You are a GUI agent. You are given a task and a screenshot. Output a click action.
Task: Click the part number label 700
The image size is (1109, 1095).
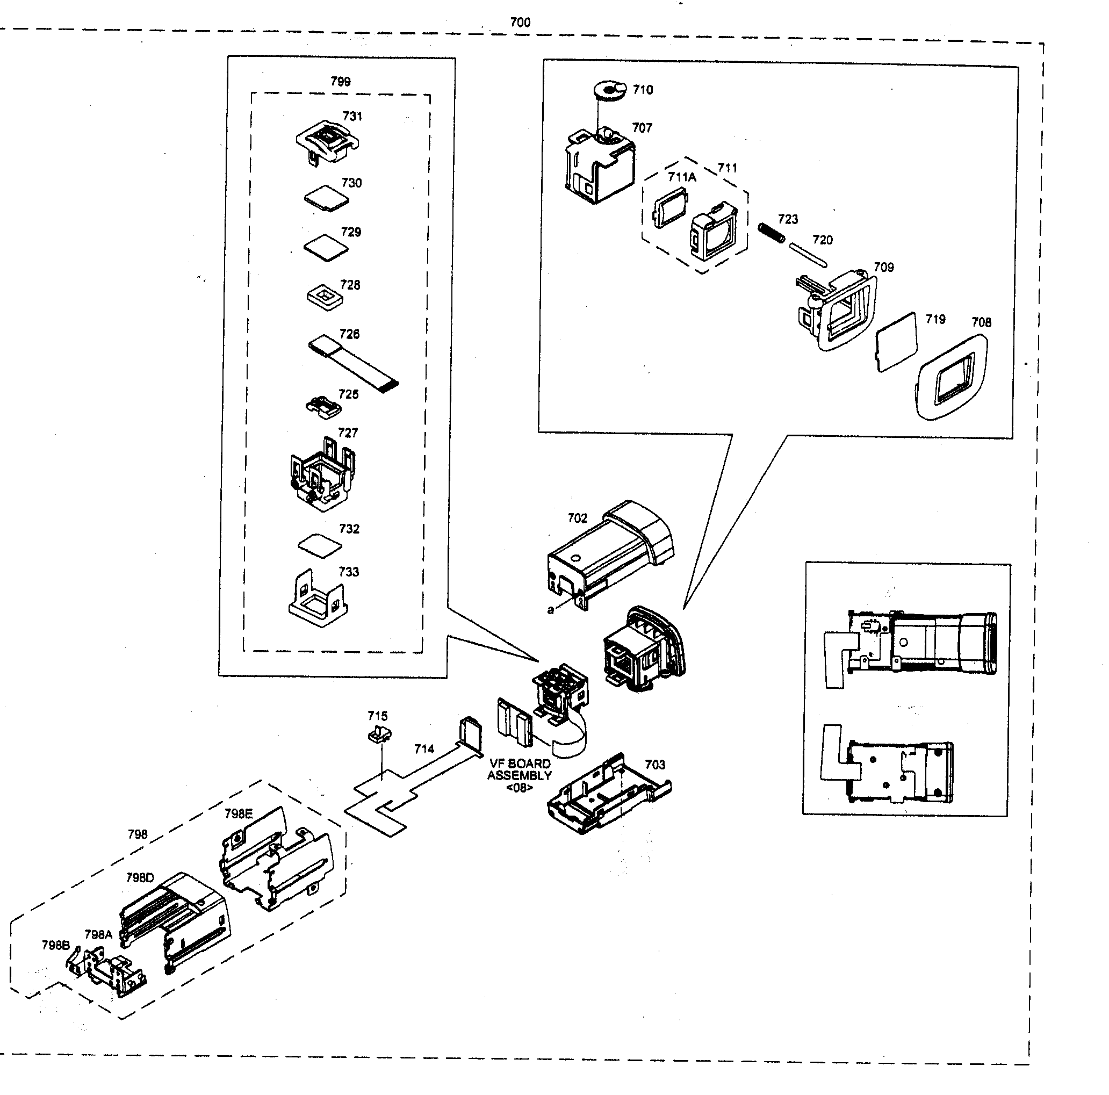(x=520, y=23)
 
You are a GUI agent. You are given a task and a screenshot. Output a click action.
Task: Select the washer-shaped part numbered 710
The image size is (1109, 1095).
(x=609, y=91)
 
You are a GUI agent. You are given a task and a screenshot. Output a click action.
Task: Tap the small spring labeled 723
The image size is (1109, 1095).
(x=772, y=233)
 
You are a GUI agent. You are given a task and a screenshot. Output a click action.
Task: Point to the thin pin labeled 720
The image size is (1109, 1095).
(x=808, y=255)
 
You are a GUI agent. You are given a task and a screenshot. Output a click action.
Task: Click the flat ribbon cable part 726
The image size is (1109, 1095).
(x=352, y=363)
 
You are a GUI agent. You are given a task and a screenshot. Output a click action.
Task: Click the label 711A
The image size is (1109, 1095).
(x=681, y=177)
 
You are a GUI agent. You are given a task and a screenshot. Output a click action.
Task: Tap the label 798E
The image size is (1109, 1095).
(x=238, y=813)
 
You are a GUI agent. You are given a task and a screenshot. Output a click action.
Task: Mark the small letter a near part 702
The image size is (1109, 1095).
(x=551, y=609)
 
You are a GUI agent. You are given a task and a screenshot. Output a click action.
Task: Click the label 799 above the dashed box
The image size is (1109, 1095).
(x=341, y=82)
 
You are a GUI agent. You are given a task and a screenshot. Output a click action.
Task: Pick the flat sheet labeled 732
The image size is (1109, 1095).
(x=320, y=545)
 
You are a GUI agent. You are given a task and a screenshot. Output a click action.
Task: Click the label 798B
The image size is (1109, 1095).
(x=56, y=945)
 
